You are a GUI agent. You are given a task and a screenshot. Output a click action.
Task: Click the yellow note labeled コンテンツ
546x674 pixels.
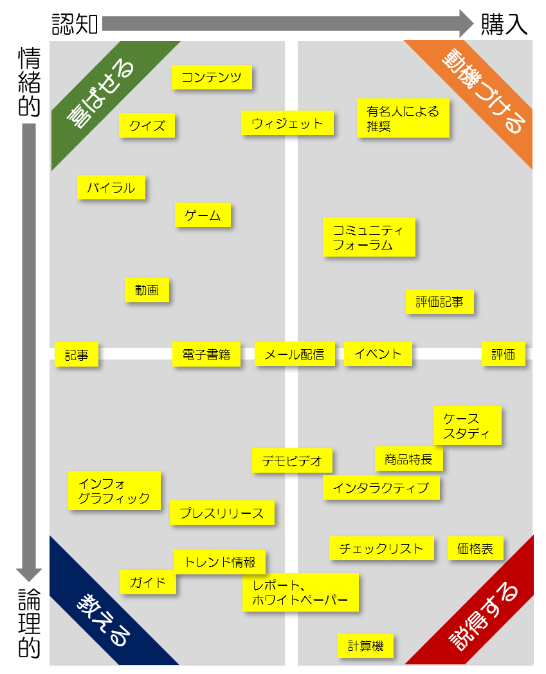212,78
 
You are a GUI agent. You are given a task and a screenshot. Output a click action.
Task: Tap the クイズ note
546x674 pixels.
147,125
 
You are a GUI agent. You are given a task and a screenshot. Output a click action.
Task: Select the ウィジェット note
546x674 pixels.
287,123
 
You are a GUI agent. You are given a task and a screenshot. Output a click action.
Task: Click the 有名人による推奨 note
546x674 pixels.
403,118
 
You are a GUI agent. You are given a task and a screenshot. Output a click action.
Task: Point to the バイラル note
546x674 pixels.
111,187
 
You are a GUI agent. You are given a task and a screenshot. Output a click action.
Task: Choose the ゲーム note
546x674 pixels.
203,215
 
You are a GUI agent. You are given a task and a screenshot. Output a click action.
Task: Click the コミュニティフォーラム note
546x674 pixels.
369,237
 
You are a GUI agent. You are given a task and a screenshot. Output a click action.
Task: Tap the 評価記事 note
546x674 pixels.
440,302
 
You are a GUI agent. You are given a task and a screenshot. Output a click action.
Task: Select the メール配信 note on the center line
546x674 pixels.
295,354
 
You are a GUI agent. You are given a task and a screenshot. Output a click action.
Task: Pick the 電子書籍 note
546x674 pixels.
206,354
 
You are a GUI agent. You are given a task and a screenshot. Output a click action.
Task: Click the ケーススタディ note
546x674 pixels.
467,426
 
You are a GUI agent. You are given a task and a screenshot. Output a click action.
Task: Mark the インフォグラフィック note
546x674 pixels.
114,491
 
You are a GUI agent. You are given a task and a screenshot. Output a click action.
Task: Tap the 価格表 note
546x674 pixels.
475,549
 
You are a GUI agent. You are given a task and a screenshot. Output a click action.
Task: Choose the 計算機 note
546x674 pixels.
366,646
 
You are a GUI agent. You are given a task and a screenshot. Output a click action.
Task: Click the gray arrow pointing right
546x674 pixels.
287,23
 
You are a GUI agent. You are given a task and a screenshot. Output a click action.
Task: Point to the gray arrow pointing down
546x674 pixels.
29,351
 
